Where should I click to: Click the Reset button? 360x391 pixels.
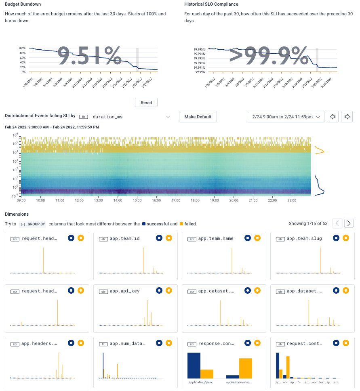146,103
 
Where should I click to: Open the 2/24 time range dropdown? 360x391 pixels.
286,117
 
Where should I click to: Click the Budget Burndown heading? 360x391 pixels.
23,4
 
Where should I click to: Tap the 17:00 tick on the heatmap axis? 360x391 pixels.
176,200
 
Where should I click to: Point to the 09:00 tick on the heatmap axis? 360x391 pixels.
21,200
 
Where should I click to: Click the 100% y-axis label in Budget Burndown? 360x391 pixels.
22,48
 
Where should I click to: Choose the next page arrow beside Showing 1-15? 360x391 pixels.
349,223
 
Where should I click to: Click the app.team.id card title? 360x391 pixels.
124,238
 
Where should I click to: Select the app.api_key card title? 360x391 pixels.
124,291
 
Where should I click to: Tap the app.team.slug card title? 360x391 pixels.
304,238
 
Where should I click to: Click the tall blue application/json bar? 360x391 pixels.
194,365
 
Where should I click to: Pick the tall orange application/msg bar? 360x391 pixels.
246,368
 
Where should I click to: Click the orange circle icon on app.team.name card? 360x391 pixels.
257,238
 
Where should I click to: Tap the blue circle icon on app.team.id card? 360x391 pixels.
159,238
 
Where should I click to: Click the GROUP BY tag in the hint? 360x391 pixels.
33,224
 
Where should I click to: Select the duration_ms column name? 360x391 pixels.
107,117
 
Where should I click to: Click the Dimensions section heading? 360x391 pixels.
17,214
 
